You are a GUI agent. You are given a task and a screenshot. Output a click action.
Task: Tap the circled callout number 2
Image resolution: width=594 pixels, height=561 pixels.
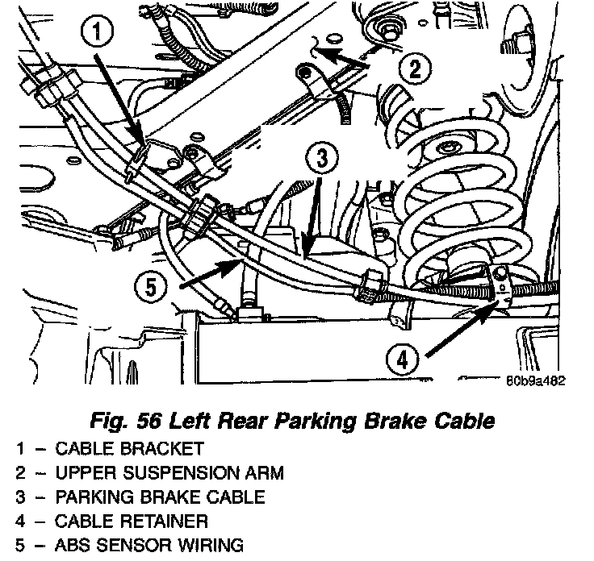coord(416,69)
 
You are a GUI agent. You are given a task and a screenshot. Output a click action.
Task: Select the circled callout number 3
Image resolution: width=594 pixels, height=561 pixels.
coord(322,157)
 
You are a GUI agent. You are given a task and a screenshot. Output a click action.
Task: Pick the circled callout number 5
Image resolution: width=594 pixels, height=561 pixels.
coord(151,286)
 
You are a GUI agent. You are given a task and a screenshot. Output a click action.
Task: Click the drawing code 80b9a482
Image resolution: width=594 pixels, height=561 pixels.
coord(536,381)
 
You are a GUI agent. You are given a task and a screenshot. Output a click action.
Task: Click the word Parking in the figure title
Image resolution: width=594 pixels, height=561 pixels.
coord(315,422)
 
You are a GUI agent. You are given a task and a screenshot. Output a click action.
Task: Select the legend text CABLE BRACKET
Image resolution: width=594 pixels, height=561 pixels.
coord(130,449)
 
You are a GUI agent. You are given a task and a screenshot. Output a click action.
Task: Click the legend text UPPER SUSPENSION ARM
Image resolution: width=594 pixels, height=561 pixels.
coord(169,473)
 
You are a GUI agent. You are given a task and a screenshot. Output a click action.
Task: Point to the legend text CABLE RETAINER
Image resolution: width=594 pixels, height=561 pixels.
coord(132,522)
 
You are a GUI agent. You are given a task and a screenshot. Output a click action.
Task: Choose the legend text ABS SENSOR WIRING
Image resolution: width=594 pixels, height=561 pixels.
coord(149,546)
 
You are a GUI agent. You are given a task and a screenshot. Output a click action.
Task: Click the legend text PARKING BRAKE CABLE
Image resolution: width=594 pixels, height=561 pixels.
coord(160,497)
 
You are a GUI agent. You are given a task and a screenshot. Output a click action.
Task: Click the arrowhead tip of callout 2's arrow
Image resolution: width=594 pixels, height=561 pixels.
coord(316,49)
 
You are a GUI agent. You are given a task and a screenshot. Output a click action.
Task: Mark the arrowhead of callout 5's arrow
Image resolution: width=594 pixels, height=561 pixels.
coord(241,260)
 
